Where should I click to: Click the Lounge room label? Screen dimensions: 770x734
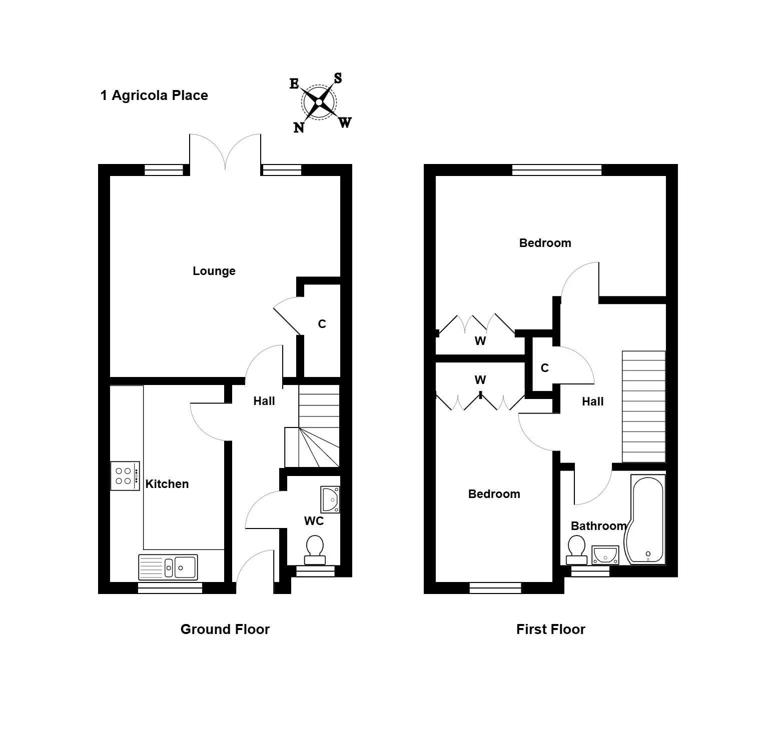pos(214,271)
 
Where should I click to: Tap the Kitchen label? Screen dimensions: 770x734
pos(167,484)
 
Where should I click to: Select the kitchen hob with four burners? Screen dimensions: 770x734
pos(125,475)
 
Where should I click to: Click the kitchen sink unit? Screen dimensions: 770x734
pos(168,566)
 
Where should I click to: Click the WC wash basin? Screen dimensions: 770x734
pos(330,500)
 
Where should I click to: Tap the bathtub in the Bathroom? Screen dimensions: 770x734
pos(645,520)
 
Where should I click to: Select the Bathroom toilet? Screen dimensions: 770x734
pos(576,550)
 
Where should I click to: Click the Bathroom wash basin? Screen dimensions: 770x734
pos(605,555)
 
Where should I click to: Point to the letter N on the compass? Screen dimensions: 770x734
pos(299,127)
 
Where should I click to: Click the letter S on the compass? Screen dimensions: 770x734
pos(338,78)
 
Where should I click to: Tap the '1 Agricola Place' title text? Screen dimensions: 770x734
pos(154,95)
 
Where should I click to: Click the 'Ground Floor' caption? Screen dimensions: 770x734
pos(225,629)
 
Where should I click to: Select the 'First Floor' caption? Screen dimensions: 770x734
pos(551,629)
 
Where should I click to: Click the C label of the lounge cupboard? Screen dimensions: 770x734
pos(322,324)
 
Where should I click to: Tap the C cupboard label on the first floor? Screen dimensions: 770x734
pos(545,368)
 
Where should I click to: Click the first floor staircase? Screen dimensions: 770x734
pos(644,406)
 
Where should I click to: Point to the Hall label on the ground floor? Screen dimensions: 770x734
pos(264,401)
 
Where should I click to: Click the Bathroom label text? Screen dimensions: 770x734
pos(599,526)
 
